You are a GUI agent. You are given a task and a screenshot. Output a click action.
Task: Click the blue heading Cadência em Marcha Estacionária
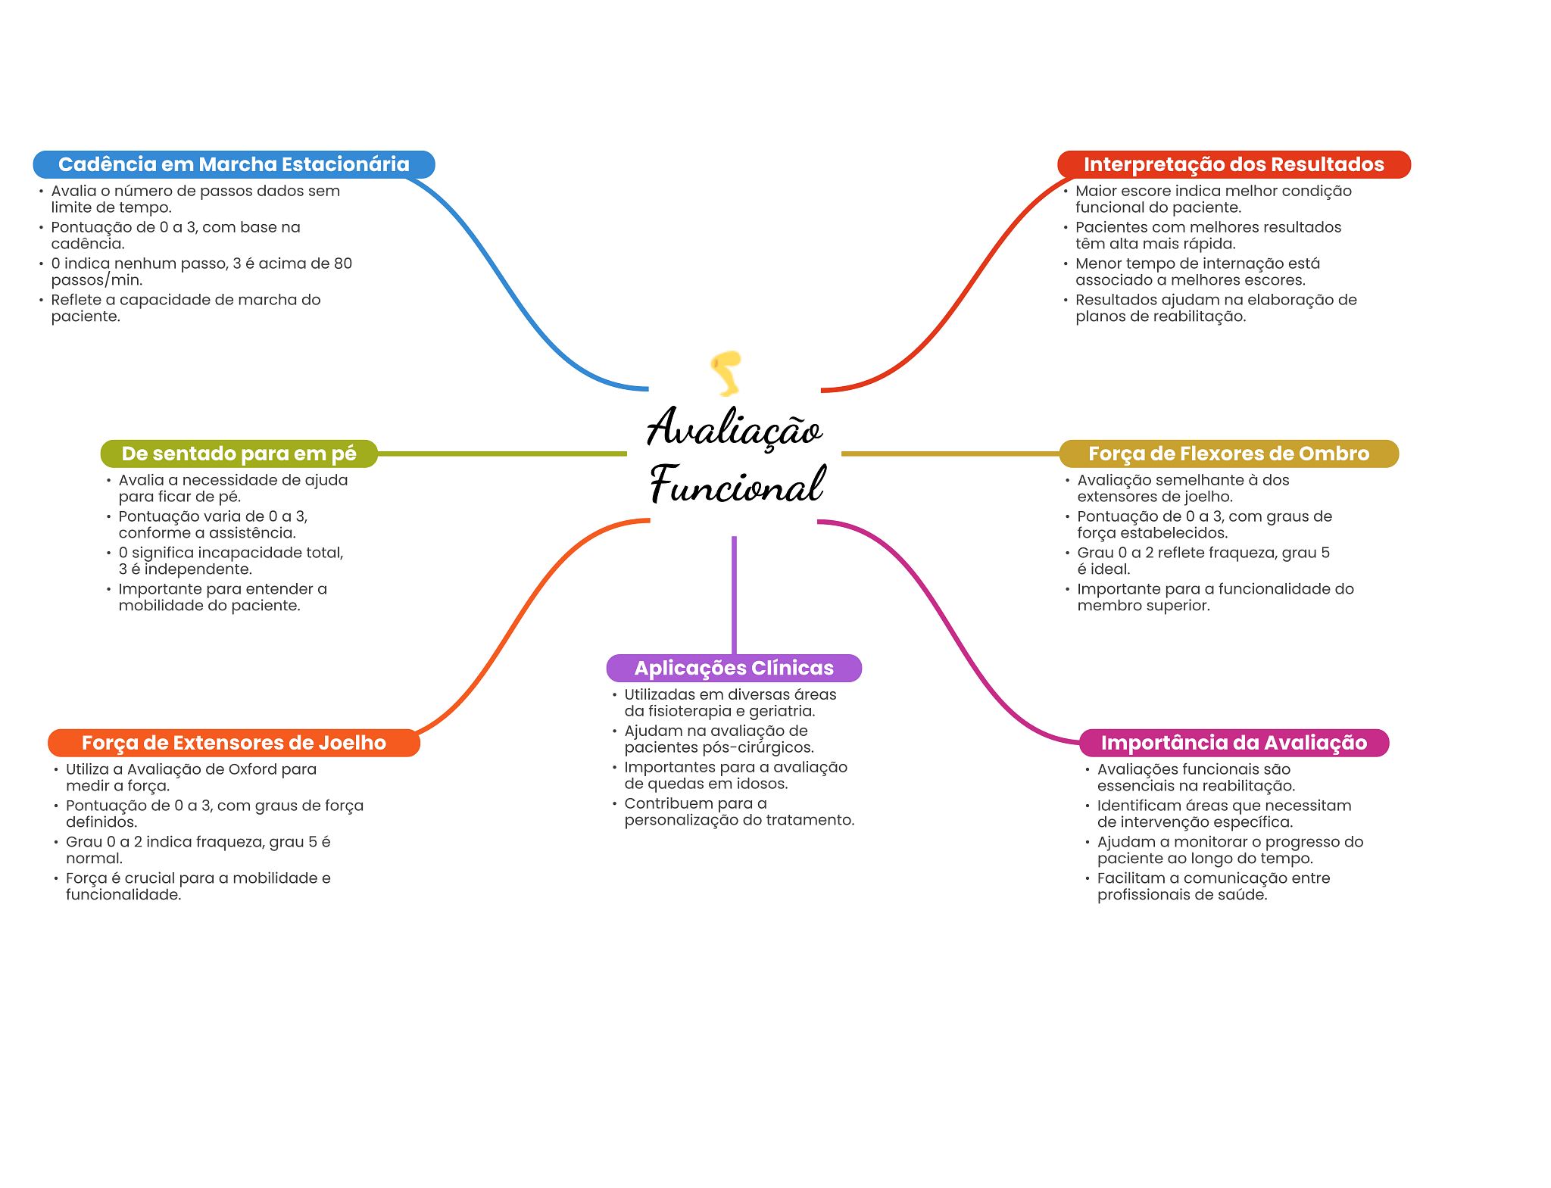coord(233,164)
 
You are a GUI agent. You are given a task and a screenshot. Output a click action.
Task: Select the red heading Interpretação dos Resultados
coord(1233,164)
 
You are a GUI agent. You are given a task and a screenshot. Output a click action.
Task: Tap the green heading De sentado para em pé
coord(239,454)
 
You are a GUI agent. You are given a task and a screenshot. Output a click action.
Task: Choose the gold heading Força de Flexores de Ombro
coord(1228,454)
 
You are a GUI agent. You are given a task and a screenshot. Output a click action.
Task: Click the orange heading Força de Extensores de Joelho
coord(233,743)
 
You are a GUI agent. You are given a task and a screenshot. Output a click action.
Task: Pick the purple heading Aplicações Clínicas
coord(734,668)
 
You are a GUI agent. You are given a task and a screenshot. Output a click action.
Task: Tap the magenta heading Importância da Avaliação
coord(1234,743)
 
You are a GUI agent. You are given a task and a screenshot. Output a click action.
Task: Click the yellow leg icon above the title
coord(726,373)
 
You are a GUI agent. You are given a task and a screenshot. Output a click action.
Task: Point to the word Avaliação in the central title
coord(734,428)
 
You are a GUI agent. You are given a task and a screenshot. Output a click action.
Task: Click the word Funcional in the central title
coord(737,485)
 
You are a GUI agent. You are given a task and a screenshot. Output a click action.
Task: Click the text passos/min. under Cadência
coord(96,280)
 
